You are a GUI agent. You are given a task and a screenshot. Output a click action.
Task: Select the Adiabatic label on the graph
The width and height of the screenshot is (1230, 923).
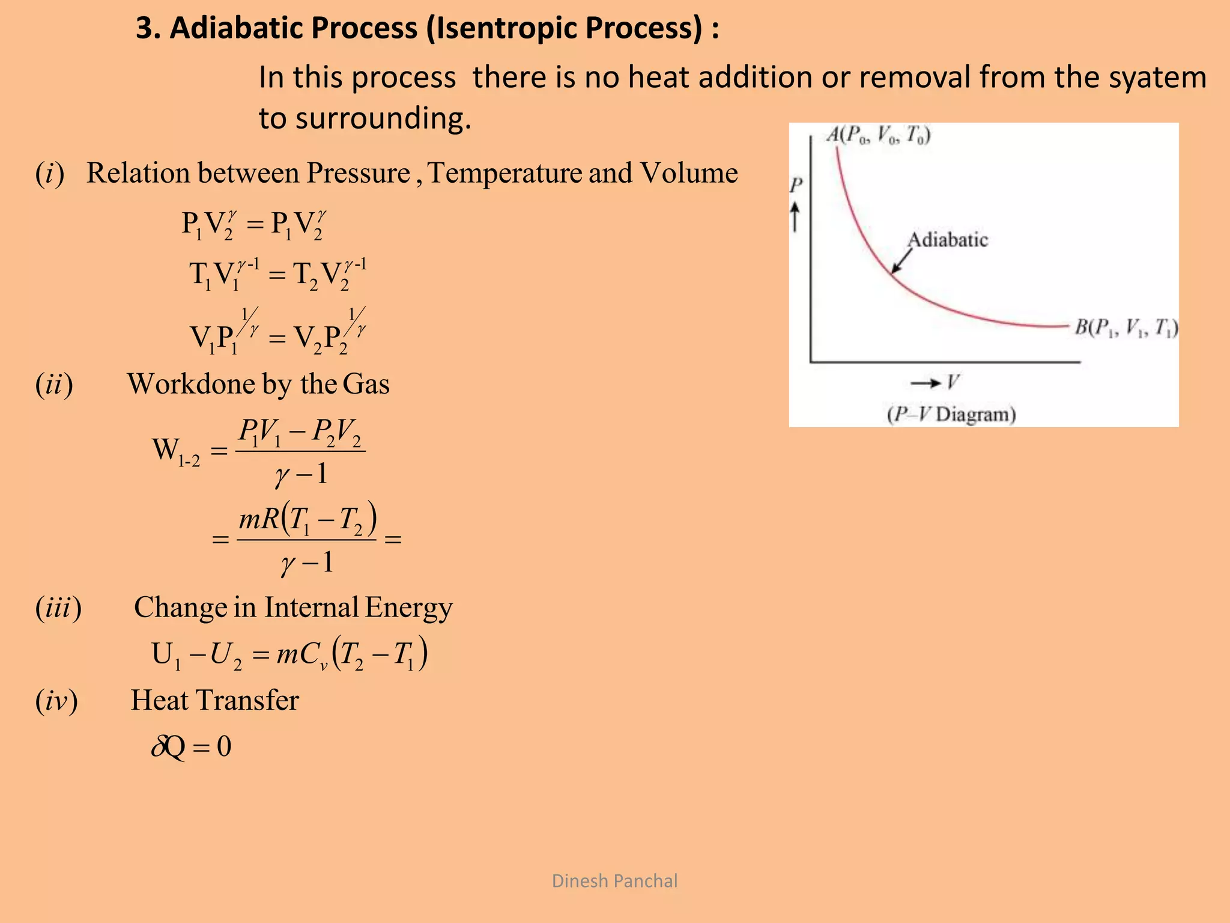click(947, 240)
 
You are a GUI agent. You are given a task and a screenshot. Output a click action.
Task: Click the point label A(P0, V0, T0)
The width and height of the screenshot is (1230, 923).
click(879, 135)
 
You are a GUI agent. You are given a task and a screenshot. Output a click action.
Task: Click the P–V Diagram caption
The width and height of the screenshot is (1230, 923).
click(951, 415)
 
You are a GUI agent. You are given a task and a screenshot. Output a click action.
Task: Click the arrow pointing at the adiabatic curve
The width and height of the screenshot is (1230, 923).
click(901, 262)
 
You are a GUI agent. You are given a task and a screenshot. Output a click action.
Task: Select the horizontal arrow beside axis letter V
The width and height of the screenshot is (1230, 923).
click(925, 383)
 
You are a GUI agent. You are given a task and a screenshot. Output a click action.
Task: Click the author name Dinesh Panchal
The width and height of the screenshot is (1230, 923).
click(614, 881)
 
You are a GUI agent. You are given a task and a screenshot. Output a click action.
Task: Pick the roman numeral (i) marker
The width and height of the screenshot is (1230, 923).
click(50, 174)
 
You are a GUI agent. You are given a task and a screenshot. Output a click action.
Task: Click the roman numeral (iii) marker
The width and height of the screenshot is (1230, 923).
click(58, 608)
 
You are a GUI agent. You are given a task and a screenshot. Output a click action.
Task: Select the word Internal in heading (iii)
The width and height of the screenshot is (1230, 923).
click(311, 608)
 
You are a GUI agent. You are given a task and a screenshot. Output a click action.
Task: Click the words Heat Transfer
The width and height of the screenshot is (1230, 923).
click(214, 701)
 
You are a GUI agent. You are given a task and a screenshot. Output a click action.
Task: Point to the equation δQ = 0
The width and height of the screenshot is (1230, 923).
click(192, 747)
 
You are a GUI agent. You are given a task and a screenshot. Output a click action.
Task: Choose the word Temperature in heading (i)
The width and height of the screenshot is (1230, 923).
click(504, 174)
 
